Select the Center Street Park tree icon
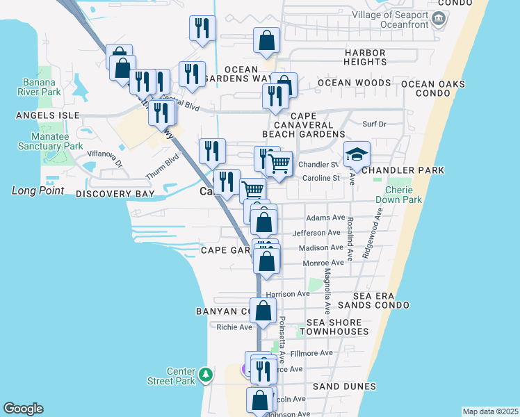pos(205,375)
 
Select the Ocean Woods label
pos(355,83)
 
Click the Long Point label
pos(38,190)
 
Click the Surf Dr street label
pos(373,124)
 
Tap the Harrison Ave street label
pos(288,294)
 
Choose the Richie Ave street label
pos(234,327)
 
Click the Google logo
pos(23,409)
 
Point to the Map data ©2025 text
pos(489,411)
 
